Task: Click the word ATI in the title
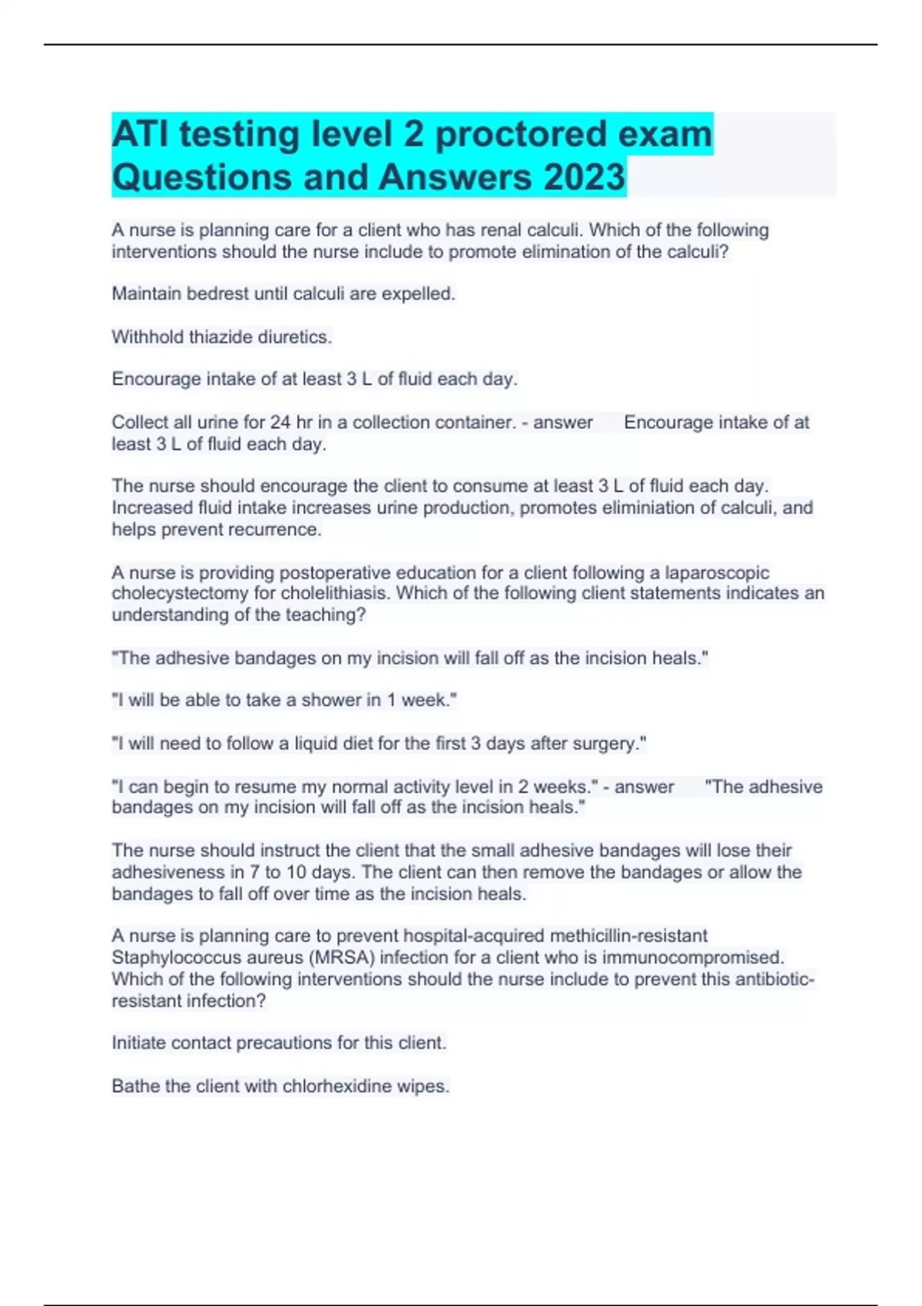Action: (140, 134)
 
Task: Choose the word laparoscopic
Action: (717, 572)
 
